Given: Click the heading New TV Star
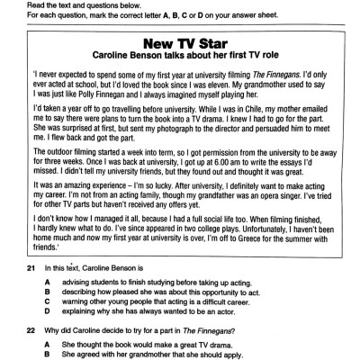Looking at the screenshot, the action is [x=180, y=42].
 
